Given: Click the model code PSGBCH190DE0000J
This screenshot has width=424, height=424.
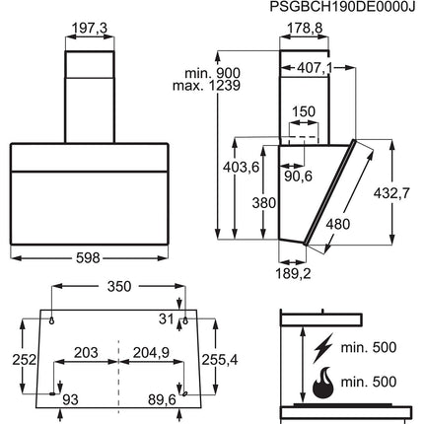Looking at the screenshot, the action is (x=342, y=6).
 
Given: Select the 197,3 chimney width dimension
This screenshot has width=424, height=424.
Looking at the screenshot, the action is (x=90, y=29).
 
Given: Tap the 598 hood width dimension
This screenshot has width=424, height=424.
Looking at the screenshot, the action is (x=88, y=258).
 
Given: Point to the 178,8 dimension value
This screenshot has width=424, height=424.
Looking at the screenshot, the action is (x=305, y=29).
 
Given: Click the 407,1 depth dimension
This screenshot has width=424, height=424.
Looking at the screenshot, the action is (x=315, y=68).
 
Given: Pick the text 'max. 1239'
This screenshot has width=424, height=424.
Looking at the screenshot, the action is (x=206, y=86).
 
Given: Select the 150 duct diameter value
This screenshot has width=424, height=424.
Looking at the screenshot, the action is (x=304, y=111).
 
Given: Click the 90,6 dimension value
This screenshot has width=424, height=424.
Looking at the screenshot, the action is (x=298, y=177).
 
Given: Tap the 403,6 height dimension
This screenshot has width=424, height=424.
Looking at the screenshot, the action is (x=241, y=168).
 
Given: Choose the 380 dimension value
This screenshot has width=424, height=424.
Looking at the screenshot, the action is (x=264, y=203).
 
